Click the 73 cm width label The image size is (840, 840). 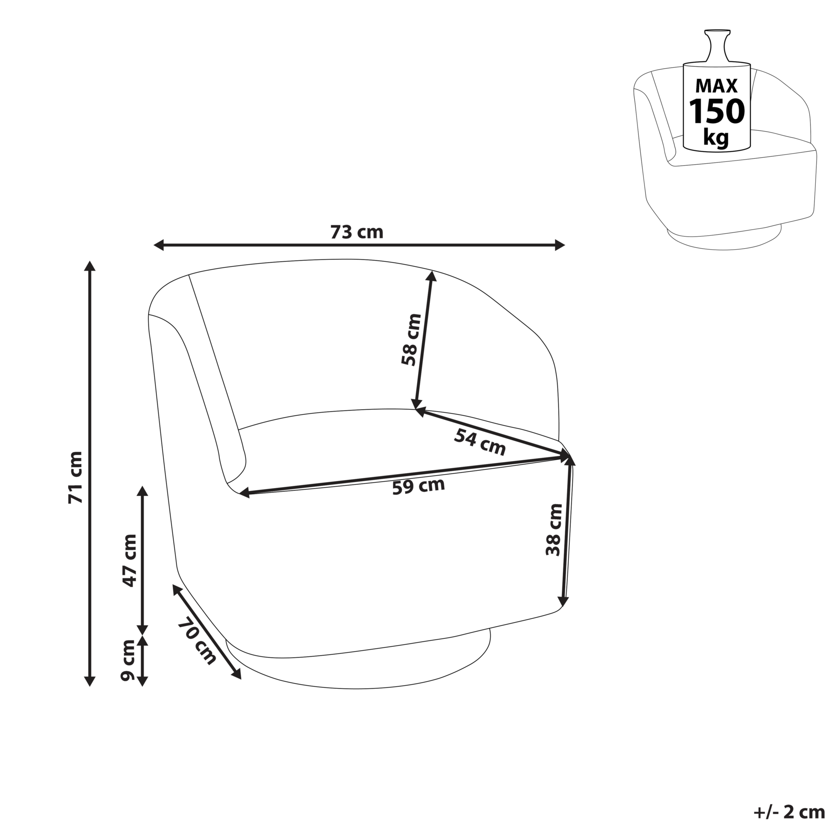[357, 232]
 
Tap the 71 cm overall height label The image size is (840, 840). [75, 477]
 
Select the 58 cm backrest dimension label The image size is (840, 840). [411, 339]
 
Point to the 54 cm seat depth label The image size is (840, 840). [480, 442]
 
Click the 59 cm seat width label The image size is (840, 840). [419, 486]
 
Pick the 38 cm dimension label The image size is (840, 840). [554, 529]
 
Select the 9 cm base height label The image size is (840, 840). [127, 660]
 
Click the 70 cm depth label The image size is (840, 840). [197, 641]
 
